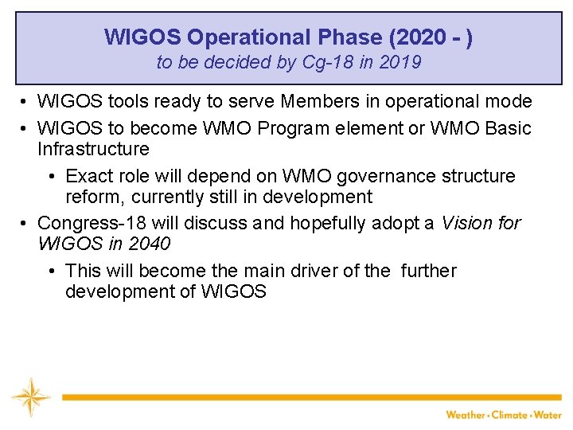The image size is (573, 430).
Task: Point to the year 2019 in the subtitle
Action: (401, 62)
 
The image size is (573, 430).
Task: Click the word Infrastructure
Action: (93, 149)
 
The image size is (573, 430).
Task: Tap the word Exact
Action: (89, 176)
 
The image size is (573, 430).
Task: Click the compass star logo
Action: (30, 397)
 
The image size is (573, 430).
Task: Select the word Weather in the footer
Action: (466, 415)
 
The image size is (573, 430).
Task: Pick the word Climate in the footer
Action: (509, 415)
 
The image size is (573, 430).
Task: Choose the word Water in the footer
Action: (548, 415)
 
